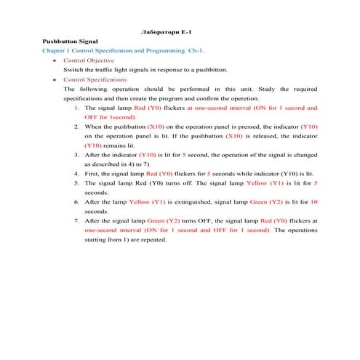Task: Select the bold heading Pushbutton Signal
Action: [70, 42]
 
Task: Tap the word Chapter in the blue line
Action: [54, 52]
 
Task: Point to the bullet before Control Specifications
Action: [55, 79]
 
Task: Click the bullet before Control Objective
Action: [55, 61]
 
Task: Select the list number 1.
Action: [77, 108]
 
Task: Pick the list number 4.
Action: [77, 175]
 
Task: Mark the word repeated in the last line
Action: [152, 239]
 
